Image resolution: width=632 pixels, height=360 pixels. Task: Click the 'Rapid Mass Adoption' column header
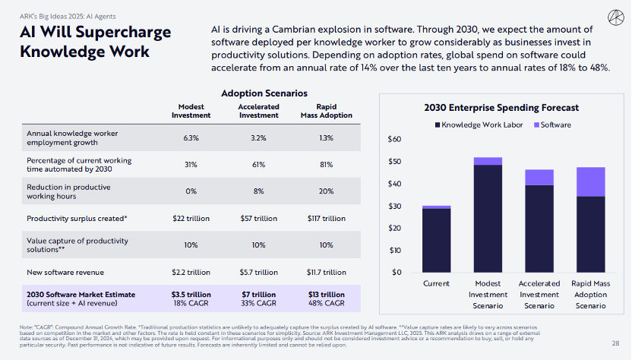tap(326, 111)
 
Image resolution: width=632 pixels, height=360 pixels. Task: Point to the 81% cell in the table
tap(326, 164)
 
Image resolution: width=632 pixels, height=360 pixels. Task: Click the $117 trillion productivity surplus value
tap(326, 219)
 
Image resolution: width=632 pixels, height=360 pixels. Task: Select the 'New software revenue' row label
tap(65, 272)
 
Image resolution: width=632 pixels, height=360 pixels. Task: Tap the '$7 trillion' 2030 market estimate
tap(258, 294)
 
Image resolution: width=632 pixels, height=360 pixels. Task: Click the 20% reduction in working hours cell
tap(326, 191)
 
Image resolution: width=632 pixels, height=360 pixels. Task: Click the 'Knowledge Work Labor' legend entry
tap(478, 125)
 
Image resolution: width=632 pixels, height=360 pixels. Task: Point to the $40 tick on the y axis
tap(395, 184)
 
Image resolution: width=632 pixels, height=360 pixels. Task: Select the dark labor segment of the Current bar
tap(436, 240)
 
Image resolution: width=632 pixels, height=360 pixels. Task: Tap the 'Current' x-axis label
tap(436, 283)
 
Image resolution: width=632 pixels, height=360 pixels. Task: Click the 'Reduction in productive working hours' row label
tap(71, 191)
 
